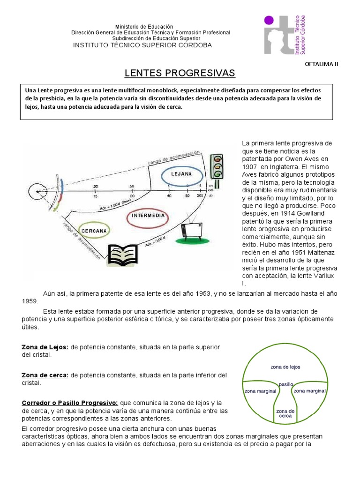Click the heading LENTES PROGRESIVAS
tap(180, 73)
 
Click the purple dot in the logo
tap(269, 20)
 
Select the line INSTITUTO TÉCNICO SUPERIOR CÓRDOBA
tap(142, 45)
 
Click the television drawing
tap(192, 229)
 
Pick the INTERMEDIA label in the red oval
tap(148, 216)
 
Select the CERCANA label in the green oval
tap(94, 231)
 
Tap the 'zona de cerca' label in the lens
tap(285, 413)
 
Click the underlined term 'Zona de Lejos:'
tap(45, 347)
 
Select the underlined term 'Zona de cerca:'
tap(45, 375)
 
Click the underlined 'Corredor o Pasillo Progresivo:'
tap(70, 403)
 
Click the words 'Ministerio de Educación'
tap(144, 27)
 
